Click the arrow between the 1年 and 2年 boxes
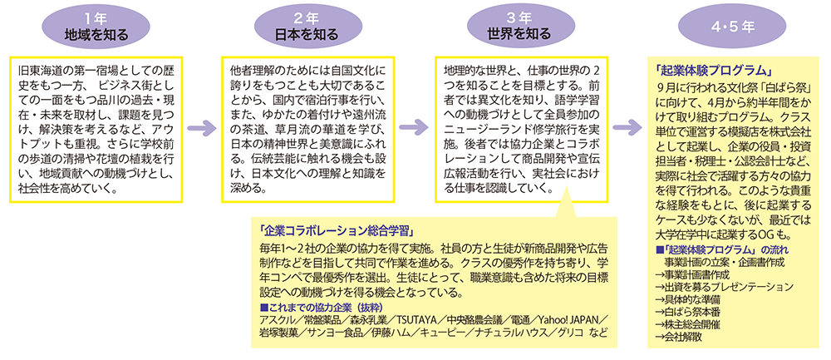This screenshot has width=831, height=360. (199, 127)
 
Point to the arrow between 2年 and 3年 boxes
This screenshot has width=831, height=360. (411, 127)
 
